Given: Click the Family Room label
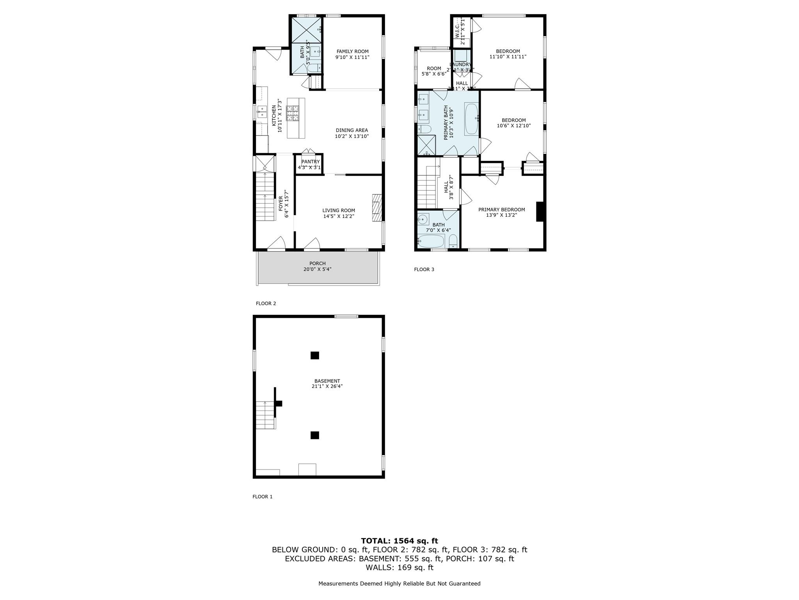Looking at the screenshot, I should coord(352,52).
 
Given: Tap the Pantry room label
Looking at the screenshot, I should coord(310,162).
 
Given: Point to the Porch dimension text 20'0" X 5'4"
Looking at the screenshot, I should coord(317,269).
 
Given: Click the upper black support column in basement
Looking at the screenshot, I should coord(314,355).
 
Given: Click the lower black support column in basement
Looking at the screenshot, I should coord(314,435).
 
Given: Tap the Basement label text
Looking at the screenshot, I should coord(327,381).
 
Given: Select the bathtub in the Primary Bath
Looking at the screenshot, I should coord(471,119).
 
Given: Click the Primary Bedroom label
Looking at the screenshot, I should coord(501,210).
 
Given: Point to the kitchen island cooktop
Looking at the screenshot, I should coord(293,114).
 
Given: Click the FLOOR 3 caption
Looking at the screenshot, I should coord(424,270).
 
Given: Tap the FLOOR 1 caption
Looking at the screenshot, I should coord(262,497).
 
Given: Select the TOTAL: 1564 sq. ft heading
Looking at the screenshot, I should coord(399,541).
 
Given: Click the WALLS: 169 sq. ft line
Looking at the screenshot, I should coord(399,568).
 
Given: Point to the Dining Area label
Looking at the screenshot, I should coord(352,130).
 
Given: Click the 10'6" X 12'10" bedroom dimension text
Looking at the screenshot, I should coord(513,126).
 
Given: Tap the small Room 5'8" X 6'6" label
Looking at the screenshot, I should coord(433,69).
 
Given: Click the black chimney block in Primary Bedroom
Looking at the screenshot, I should coord(540,212).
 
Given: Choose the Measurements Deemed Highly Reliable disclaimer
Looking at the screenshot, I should coord(399,584).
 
